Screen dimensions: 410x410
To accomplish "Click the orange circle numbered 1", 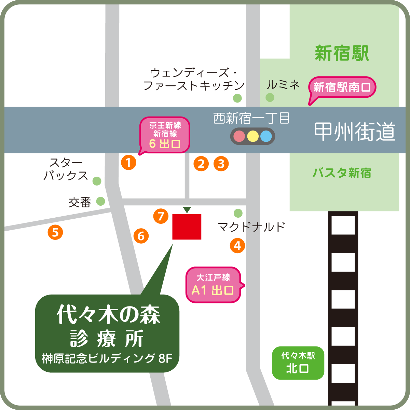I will tap(129, 163).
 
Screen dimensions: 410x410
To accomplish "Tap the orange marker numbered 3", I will tap(221, 164).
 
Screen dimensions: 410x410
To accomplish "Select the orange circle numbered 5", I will tap(55, 233).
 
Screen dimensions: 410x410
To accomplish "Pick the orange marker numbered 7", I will tap(161, 216).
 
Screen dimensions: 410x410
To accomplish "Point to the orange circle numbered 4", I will tap(237, 246).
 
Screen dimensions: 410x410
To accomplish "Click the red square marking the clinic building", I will tap(187, 227).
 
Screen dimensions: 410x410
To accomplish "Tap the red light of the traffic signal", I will tap(239, 136).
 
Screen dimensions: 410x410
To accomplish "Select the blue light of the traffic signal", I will tap(266, 136).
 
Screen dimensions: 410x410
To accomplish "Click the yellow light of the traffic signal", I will tap(252, 136).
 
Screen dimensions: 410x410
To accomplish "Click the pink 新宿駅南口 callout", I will tap(342, 87).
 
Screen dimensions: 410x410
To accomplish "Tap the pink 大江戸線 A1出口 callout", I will tap(213, 285).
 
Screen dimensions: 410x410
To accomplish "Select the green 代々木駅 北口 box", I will tap(298, 363).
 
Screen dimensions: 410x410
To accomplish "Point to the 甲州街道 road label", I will tap(355, 132).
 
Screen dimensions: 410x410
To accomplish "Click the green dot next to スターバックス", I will tap(97, 181).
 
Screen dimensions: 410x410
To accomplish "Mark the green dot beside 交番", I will tap(100, 201).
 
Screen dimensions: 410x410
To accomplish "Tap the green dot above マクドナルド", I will tap(238, 214).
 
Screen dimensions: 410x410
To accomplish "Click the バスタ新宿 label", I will tap(342, 173).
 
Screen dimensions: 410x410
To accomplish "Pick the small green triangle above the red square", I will tap(187, 210).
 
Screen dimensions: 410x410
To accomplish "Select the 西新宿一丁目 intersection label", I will tap(251, 119).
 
